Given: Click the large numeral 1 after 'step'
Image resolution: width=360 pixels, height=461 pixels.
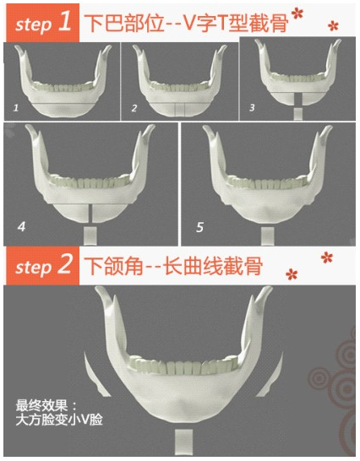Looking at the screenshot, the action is point(65,22).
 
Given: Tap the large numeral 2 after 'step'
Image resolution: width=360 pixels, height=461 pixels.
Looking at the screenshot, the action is point(65,264).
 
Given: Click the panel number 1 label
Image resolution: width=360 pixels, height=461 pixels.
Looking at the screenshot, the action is point(16,108).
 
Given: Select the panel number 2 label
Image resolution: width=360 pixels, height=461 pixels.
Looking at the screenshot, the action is point(134,108).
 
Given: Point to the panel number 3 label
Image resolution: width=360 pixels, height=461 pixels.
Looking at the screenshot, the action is point(252,108).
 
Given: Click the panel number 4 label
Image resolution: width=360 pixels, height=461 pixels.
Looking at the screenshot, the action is point(21,226).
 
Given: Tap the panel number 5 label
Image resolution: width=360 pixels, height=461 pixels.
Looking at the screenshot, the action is point(200,227).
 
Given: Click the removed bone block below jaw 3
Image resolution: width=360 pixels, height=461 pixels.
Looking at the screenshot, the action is point(298,114).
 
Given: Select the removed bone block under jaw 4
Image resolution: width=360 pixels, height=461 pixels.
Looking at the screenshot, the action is point(90,236).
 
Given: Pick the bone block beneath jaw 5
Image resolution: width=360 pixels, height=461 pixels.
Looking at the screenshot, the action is point(268,236).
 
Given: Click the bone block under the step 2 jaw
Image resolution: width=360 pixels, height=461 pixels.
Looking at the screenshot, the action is point(184,442).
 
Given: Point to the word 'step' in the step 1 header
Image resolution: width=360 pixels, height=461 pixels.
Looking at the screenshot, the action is point(33,25).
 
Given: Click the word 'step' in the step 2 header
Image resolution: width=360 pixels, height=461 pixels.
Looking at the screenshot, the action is point(33,268).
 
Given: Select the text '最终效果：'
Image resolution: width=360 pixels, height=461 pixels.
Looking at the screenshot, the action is point(46,406).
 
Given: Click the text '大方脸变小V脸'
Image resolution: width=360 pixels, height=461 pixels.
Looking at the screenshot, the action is point(59,420).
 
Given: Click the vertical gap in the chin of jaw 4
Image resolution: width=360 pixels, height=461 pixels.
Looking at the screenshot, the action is point(90,214).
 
